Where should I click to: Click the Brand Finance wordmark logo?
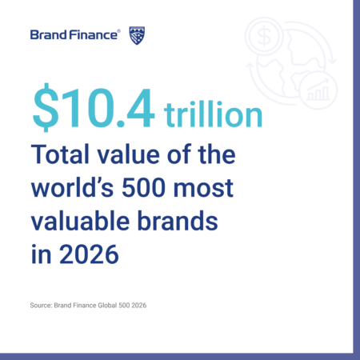pyautogui.click(x=74, y=35)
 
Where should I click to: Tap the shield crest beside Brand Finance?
pyautogui.click(x=137, y=35)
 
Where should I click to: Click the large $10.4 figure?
pyautogui.click(x=94, y=107)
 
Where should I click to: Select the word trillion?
pyautogui.click(x=214, y=114)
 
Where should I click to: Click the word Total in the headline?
pyautogui.click(x=60, y=154)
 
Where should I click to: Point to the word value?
pyautogui.click(x=128, y=154)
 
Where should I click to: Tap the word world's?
pyautogui.click(x=73, y=188)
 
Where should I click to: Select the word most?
pyautogui.click(x=203, y=189)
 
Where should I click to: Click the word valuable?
pyautogui.click(x=80, y=221)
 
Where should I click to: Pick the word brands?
pyautogui.click(x=178, y=221)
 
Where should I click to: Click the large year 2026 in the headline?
pyautogui.click(x=89, y=254)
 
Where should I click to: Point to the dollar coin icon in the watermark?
pyautogui.click(x=264, y=36)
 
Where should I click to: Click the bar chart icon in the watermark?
pyautogui.click(x=318, y=90)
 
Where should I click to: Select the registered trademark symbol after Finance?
pyautogui.click(x=118, y=31)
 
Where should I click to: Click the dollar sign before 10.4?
pyautogui.click(x=46, y=107)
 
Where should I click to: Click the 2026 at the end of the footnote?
pyautogui.click(x=138, y=306)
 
